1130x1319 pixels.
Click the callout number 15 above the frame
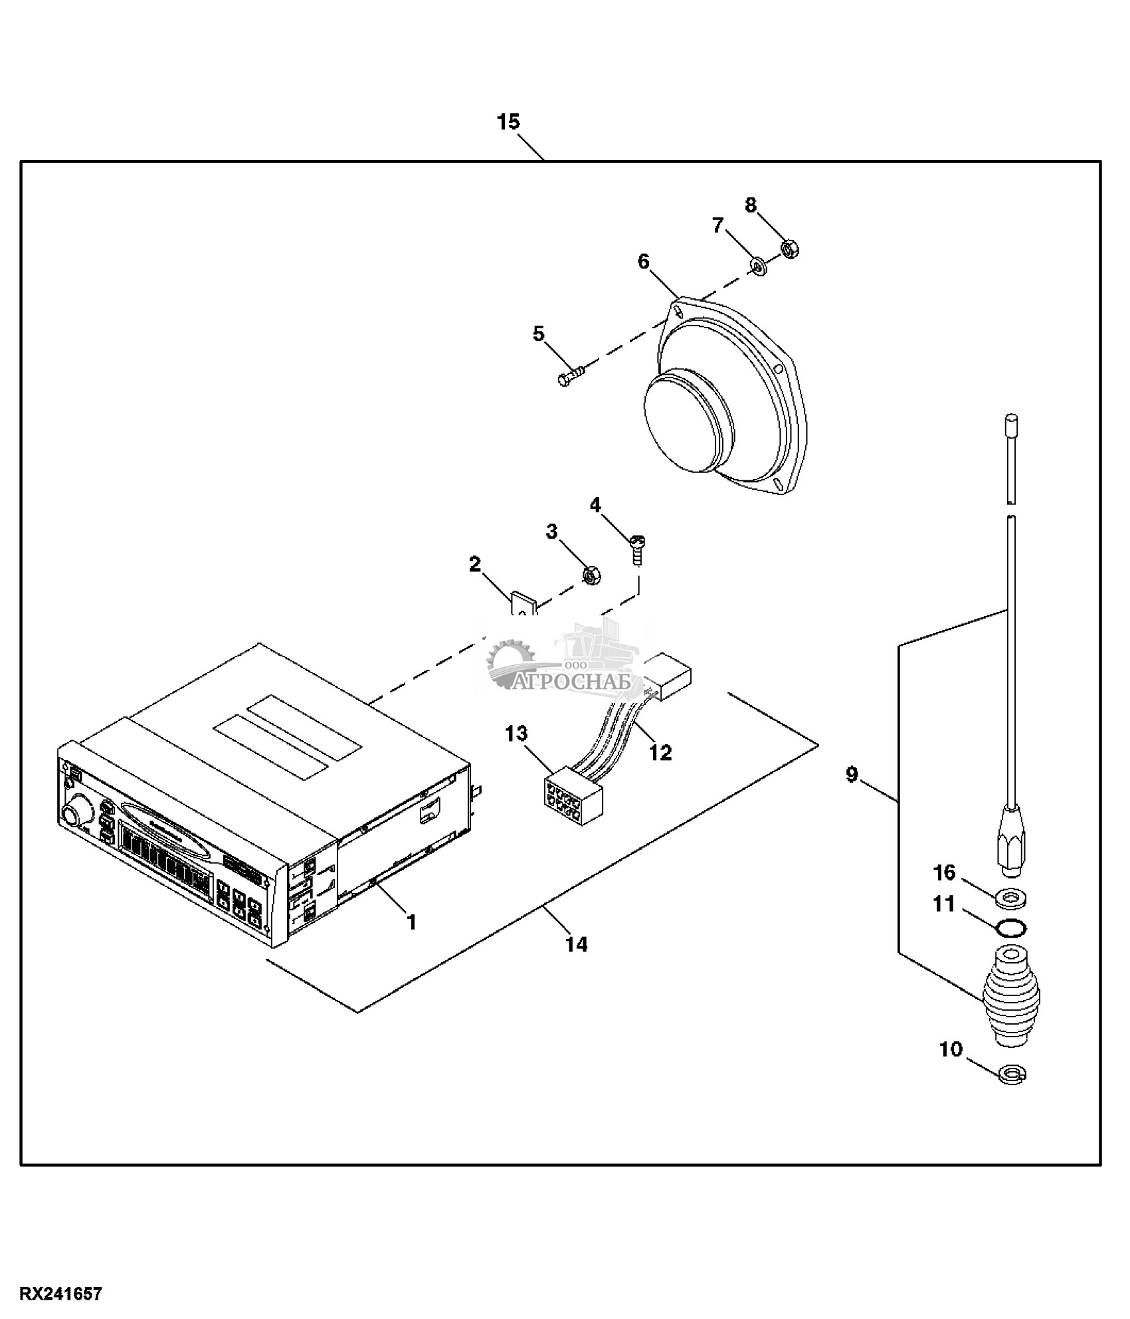[508, 122]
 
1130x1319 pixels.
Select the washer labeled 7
[758, 267]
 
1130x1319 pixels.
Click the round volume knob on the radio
[70, 814]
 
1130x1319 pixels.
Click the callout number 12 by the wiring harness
[660, 752]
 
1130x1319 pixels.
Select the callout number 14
[576, 944]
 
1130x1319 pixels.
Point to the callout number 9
[852, 774]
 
